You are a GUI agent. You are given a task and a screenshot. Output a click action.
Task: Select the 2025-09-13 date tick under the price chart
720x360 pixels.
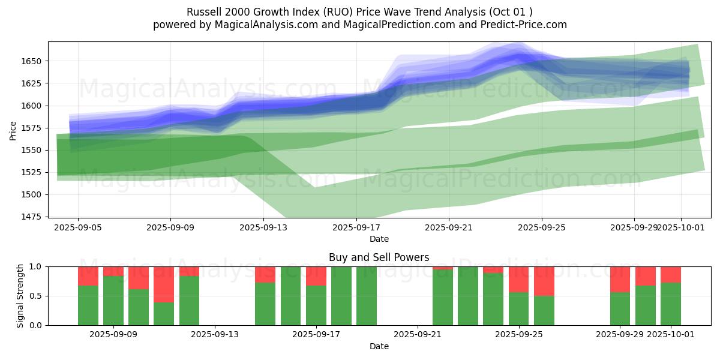[263, 228]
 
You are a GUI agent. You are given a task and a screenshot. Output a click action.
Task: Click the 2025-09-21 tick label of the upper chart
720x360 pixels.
[449, 228]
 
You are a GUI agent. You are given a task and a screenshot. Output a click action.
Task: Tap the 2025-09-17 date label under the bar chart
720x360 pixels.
[316, 335]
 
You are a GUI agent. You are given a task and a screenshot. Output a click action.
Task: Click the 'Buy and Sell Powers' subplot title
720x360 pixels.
[379, 257]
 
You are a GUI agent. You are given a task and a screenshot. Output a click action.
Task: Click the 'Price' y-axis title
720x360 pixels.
[13, 130]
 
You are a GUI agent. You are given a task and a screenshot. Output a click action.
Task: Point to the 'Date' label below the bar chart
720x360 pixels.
[379, 346]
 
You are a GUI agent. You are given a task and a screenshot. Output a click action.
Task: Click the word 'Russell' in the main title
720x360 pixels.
[203, 12]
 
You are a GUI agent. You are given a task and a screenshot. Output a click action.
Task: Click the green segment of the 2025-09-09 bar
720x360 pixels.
[113, 300]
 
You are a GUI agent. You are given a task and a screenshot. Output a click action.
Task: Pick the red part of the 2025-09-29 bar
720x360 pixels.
[620, 279]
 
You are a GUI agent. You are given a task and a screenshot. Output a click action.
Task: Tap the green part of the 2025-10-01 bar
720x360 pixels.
[671, 304]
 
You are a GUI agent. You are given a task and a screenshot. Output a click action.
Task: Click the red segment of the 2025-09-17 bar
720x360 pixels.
[316, 276]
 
